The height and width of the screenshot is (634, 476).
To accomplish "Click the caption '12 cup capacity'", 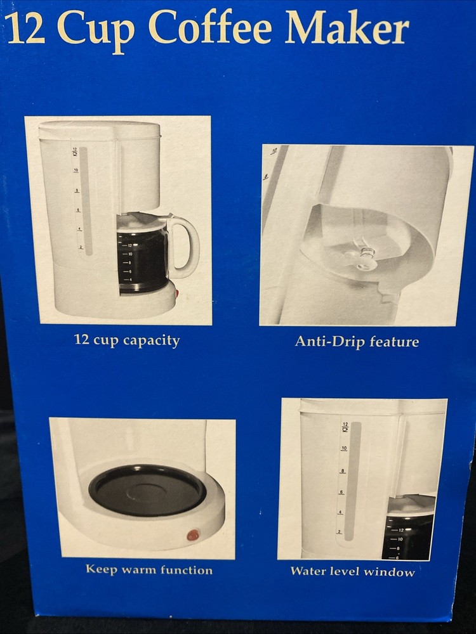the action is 127,340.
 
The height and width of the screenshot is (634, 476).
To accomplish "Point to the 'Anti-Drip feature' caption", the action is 357,342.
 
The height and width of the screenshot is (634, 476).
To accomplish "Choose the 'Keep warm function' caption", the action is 149,570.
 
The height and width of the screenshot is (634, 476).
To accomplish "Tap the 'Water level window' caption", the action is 352,572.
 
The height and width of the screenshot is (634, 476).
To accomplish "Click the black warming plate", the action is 147,490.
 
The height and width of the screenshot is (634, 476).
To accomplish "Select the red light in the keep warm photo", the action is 193,535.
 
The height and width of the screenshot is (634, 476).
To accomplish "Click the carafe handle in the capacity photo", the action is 185,247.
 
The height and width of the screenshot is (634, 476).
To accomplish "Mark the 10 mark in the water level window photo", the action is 343,449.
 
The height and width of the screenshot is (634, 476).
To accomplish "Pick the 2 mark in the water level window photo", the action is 339,532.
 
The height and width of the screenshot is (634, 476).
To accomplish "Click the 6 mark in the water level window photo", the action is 341,493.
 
